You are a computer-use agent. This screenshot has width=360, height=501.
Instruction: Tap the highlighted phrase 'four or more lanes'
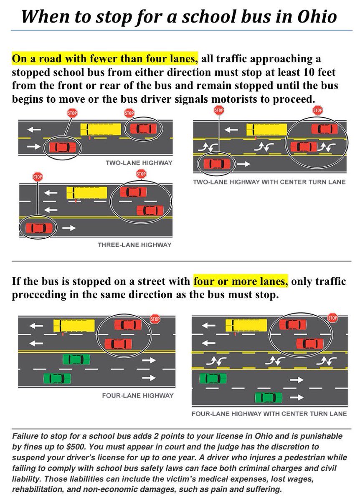241,281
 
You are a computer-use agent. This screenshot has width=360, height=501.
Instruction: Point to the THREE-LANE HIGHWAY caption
134,245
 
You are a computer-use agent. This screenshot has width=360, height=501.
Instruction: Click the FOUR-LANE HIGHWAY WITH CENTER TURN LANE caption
269,414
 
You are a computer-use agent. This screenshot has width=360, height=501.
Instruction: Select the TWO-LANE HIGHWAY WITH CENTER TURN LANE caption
269,182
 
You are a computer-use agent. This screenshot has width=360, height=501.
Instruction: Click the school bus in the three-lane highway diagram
87,193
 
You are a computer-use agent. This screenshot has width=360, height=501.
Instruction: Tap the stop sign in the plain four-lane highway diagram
155,319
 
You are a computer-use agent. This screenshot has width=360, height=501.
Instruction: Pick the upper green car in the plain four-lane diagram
76,359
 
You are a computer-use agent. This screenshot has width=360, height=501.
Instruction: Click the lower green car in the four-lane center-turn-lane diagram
269,397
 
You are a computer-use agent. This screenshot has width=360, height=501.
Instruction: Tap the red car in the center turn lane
304,147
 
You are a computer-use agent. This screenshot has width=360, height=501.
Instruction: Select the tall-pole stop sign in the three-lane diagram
38,177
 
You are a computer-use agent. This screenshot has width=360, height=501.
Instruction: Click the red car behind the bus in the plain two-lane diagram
143,129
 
